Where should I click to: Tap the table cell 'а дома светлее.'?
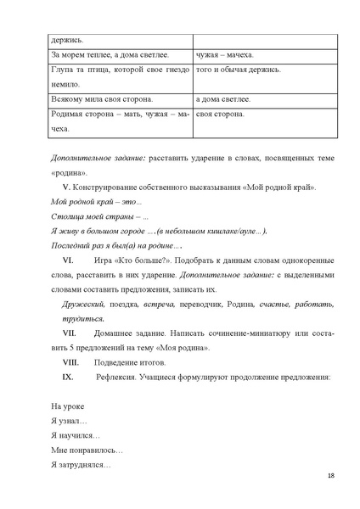pyautogui.click(x=222, y=99)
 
